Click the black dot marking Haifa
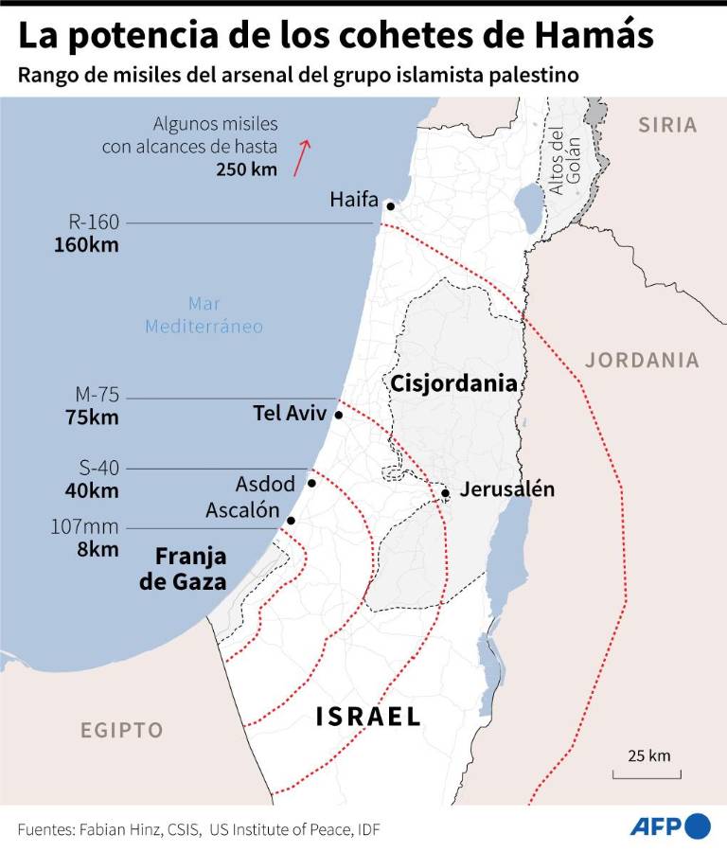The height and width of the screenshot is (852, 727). [x=390, y=205]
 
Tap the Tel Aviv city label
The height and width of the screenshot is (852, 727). [x=289, y=414]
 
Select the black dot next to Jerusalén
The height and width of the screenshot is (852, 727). [x=445, y=492]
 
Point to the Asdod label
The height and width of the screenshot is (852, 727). [x=265, y=484]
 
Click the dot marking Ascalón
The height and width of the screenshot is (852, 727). [x=291, y=521]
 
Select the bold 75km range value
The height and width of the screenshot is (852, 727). [x=92, y=417]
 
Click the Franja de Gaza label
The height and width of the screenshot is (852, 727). [x=184, y=568]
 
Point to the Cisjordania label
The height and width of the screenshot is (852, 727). [x=453, y=383]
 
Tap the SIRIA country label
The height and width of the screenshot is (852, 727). [x=666, y=124]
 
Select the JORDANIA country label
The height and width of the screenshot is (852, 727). [x=642, y=360]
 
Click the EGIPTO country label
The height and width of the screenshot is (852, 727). [x=121, y=730]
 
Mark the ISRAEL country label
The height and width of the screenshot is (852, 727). [x=368, y=717]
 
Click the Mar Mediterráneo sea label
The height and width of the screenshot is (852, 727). [x=204, y=314]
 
